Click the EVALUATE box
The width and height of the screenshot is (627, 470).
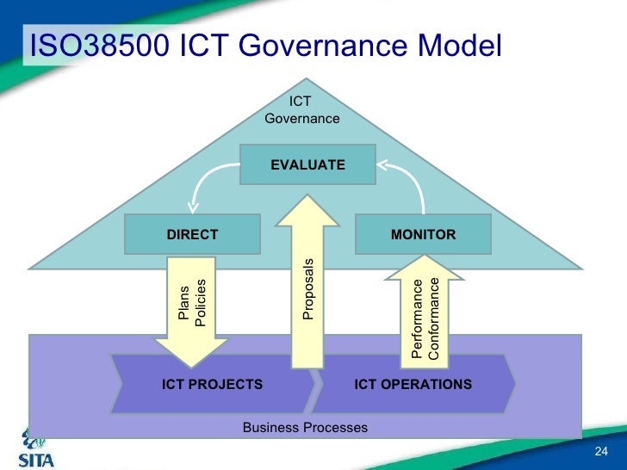click(307, 164)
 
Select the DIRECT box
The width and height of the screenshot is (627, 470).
click(192, 234)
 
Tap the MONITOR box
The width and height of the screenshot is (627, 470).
click(423, 234)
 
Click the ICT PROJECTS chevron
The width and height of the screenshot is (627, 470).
click(212, 384)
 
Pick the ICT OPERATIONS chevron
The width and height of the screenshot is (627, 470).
click(413, 384)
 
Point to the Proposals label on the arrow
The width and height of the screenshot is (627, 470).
click(308, 288)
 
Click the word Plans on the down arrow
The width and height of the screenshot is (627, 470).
click(183, 304)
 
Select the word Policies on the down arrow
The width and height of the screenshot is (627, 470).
click(201, 304)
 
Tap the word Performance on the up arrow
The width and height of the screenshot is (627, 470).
click(417, 319)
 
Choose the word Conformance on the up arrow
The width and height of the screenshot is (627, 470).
click(434, 318)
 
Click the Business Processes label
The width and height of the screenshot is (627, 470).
click(305, 428)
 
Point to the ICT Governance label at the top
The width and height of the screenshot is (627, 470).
click(301, 110)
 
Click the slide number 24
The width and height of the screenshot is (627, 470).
click(601, 454)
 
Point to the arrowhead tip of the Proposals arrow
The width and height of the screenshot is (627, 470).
click(307, 197)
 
